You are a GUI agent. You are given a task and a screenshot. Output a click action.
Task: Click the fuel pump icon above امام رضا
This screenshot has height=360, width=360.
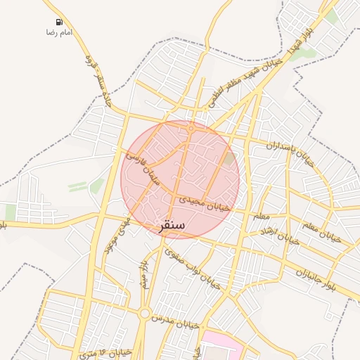pyautogui.click(x=58, y=22)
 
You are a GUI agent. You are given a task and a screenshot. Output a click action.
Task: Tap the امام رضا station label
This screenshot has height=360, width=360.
pyautogui.click(x=59, y=33)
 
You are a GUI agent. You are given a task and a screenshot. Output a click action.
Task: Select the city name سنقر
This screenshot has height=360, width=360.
pyautogui.click(x=171, y=226)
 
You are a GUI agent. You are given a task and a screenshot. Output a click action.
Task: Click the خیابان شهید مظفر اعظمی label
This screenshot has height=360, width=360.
pyautogui.click(x=243, y=84)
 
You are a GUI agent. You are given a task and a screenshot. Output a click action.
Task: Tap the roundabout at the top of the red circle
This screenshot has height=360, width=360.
pyautogui.click(x=191, y=128)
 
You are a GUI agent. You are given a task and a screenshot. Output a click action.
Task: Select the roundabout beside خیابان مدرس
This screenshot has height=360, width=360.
pyautogui.click(x=144, y=314)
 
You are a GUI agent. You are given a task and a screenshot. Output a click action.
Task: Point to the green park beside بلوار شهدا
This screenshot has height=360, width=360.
pyautogui.click(x=304, y=53)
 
